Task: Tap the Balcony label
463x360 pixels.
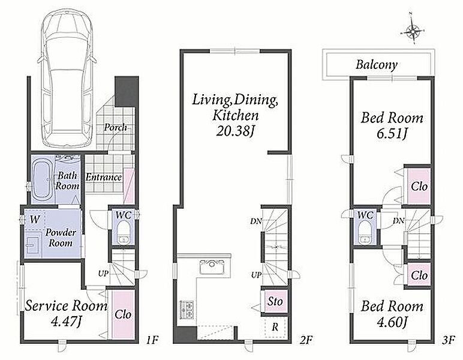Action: (376, 65)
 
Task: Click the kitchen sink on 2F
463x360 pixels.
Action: (213, 266)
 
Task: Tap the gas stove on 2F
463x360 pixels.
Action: (187, 309)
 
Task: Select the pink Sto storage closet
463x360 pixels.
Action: (275, 301)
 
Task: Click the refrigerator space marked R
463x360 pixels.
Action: (275, 327)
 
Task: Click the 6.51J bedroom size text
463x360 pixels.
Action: (392, 133)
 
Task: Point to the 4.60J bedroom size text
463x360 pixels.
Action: (392, 322)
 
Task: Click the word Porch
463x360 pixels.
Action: (116, 127)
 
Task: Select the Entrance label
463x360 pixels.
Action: (104, 177)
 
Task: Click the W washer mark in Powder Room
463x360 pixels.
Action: (35, 219)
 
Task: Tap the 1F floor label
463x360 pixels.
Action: (153, 341)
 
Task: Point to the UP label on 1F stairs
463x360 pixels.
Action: (103, 274)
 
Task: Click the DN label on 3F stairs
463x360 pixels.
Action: (399, 221)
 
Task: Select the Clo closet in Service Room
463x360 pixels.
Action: (123, 314)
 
